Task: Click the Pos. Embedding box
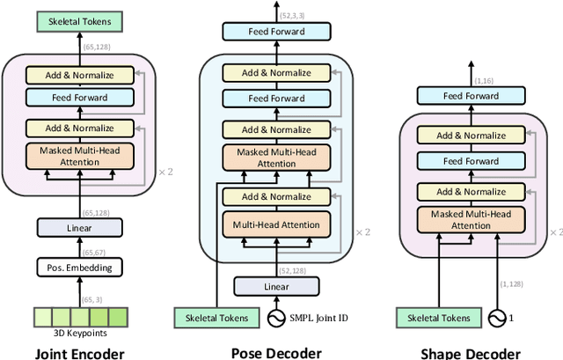point(79,266)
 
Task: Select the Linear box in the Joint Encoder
point(79,227)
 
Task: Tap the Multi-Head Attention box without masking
point(277,224)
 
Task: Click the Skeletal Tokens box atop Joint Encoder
point(79,21)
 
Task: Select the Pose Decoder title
point(276,352)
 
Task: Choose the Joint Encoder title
point(79,353)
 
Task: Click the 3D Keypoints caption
point(79,332)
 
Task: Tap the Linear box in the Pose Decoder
point(276,286)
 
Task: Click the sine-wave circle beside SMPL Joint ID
point(277,317)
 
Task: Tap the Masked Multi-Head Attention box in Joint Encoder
point(79,156)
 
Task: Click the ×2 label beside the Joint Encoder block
point(164,171)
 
